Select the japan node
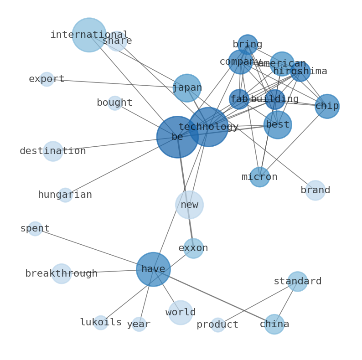[187, 88]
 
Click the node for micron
[259, 177]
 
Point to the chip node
[327, 106]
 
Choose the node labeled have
[153, 269]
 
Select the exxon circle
[193, 248]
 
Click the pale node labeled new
[189, 205]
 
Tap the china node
[274, 324]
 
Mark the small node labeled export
[47, 79]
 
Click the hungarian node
[65, 195]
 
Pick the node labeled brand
[315, 190]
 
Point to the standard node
[297, 282]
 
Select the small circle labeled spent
[35, 229]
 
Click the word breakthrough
[62, 274]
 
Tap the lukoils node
[101, 323]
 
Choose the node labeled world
[181, 313]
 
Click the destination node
[53, 151]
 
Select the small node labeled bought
[114, 103]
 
